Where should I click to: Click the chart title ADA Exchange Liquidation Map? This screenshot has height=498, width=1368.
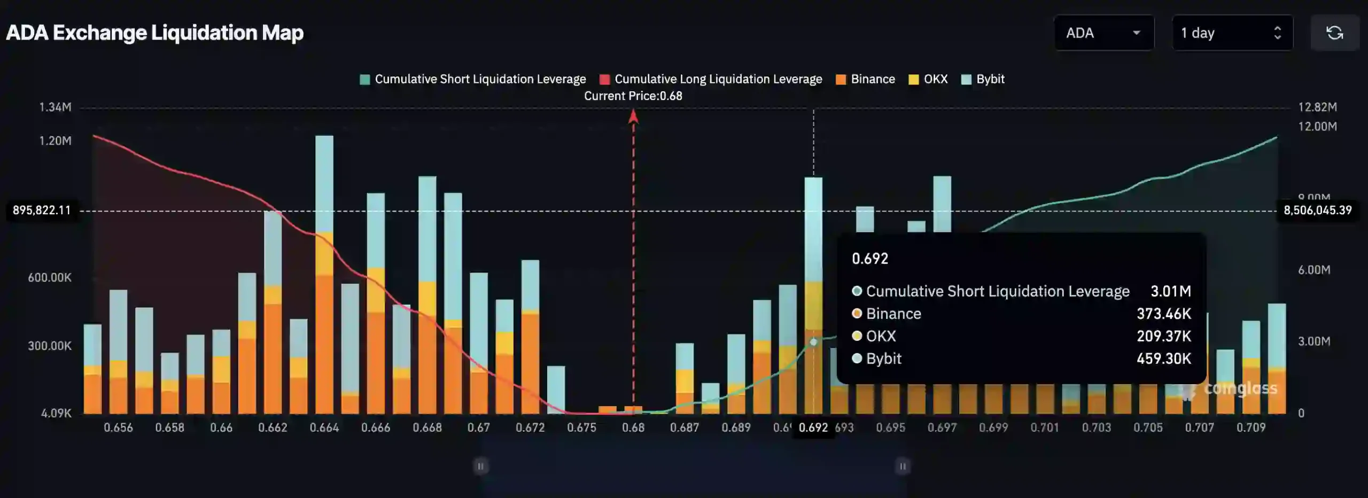(155, 33)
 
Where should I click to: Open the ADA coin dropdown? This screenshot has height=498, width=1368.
(1103, 33)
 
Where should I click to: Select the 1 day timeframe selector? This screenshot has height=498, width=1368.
(1232, 33)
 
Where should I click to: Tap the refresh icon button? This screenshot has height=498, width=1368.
(1334, 33)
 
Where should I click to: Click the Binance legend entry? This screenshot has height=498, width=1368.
(866, 79)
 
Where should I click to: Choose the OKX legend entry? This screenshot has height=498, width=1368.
(929, 79)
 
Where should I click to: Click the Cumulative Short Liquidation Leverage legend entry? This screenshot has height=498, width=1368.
(473, 79)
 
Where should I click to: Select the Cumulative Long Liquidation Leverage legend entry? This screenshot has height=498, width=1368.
(711, 79)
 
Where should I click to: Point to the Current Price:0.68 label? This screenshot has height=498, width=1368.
(633, 96)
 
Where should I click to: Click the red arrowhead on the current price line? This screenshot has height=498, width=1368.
(633, 116)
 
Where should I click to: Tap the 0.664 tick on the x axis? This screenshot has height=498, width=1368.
(324, 428)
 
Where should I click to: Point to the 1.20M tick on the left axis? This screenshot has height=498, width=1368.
(55, 141)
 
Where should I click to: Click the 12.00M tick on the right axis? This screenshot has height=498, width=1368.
(1318, 127)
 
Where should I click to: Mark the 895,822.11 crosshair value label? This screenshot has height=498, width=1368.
(42, 211)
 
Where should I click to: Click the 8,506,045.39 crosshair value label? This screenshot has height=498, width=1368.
(1318, 211)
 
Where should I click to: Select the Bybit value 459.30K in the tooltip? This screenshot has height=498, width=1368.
(1163, 359)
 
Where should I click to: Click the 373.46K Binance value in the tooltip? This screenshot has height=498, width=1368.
(1163, 314)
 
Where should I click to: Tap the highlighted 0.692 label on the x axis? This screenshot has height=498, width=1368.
(813, 428)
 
